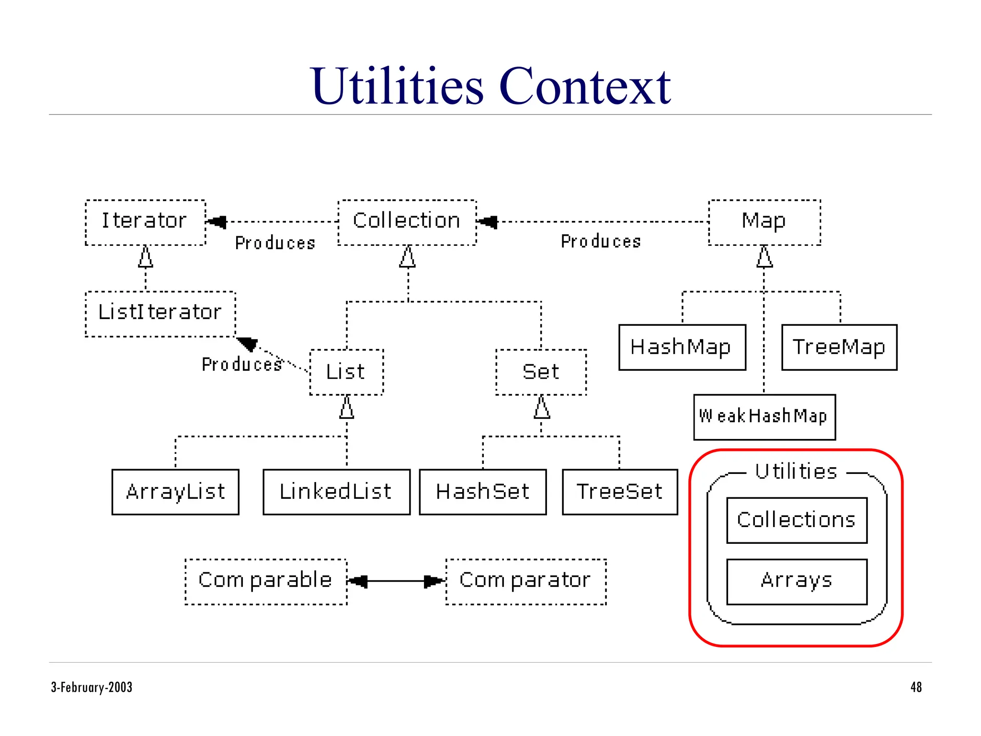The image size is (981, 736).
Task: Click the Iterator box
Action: click(145, 222)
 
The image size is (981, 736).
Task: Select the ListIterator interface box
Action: click(160, 314)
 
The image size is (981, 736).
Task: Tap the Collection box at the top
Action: click(407, 222)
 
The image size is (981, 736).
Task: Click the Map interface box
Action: click(764, 222)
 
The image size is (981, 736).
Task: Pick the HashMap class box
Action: click(682, 347)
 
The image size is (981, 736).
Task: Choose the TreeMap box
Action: click(839, 347)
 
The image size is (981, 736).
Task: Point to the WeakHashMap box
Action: click(764, 417)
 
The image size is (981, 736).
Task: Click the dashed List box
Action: click(346, 372)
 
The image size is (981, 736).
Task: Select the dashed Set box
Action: click(541, 372)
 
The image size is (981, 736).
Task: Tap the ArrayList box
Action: click(175, 492)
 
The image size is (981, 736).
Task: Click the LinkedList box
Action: click(336, 492)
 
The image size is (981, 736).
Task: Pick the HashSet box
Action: click(482, 492)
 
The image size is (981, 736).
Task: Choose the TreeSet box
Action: click(620, 492)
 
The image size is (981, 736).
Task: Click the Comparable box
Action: click(266, 581)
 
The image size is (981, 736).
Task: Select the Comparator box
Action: click(525, 581)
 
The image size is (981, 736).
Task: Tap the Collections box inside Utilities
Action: click(797, 520)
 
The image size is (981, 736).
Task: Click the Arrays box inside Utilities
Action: click(797, 581)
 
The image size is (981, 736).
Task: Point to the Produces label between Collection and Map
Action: click(601, 241)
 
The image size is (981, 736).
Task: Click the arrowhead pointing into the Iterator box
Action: click(217, 222)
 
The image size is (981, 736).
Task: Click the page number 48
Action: click(916, 687)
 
